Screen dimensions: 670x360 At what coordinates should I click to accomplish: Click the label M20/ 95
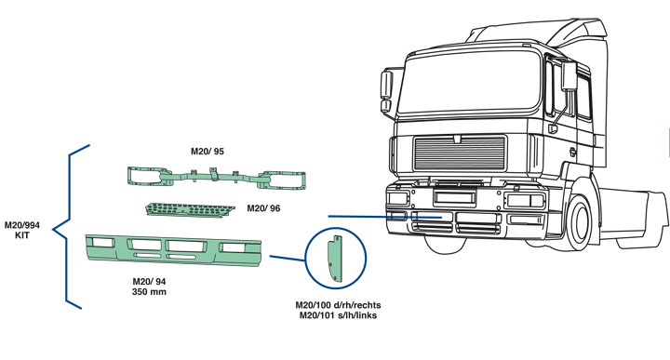pos(208,152)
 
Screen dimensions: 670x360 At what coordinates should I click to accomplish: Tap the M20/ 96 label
pos(263,208)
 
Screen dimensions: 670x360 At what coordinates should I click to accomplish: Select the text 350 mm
pos(149,292)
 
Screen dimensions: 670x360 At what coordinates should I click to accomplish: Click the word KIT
pos(22,234)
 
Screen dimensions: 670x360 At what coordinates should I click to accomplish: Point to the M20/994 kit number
pos(22,225)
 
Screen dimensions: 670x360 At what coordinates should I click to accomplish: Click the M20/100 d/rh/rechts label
pos(338,305)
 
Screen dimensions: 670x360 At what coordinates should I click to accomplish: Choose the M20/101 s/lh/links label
pos(338,315)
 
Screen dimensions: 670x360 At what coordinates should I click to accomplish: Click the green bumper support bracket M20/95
pos(216,177)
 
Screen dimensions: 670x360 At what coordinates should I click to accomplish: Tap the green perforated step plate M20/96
pos(190,209)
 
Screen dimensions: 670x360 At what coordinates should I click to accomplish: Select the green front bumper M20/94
pos(173,250)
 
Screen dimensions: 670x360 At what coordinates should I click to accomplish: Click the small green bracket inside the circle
pos(335,259)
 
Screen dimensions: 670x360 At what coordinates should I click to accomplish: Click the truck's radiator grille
pos(460,153)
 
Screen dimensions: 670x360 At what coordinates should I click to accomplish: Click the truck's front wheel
pos(578,222)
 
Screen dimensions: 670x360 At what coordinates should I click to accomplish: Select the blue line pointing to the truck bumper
pos(384,217)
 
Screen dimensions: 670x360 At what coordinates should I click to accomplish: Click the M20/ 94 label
pos(149,282)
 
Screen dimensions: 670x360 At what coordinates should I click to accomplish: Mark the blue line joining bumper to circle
pos(288,258)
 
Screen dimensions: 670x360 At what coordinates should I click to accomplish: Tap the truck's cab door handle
pos(573,152)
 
